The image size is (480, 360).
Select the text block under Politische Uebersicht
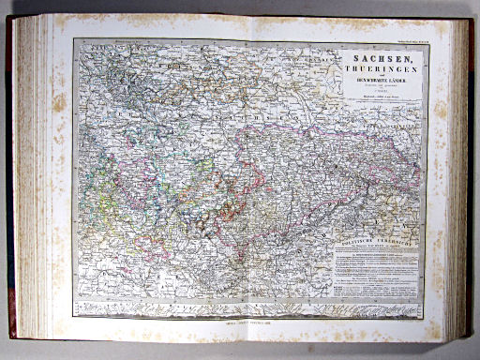pos(375,272)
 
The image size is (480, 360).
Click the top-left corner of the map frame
pos(75,40)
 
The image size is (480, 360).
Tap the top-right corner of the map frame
pos(425,40)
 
